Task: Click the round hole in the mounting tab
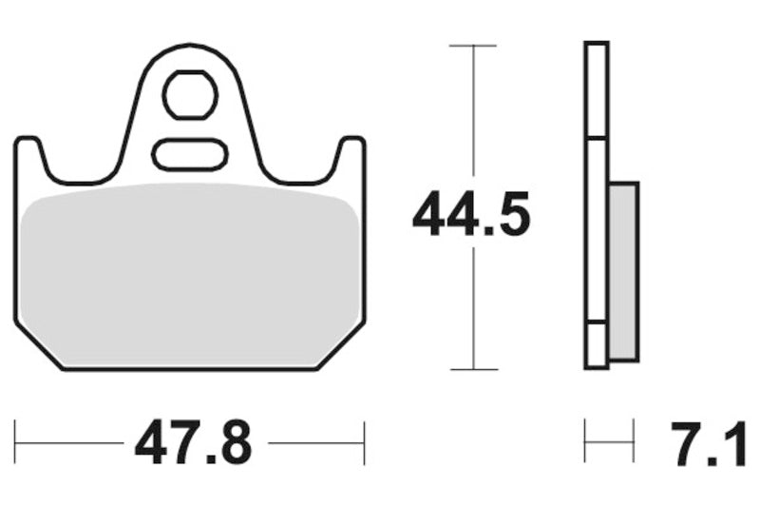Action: click(190, 94)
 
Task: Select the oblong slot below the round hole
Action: click(190, 154)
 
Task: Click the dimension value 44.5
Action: click(470, 215)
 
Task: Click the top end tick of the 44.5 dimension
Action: click(472, 45)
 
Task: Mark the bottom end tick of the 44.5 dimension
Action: click(472, 369)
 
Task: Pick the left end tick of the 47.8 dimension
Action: click(16, 442)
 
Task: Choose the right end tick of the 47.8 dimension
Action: click(365, 442)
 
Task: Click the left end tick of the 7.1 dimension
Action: click(585, 442)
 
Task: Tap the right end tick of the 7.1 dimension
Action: click(634, 442)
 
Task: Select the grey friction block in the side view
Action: click(623, 271)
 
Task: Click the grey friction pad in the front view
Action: click(190, 271)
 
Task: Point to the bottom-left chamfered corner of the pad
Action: click(38, 347)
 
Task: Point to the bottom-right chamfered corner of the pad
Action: click(342, 347)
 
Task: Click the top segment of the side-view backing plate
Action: click(597, 90)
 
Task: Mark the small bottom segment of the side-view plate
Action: click(597, 346)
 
